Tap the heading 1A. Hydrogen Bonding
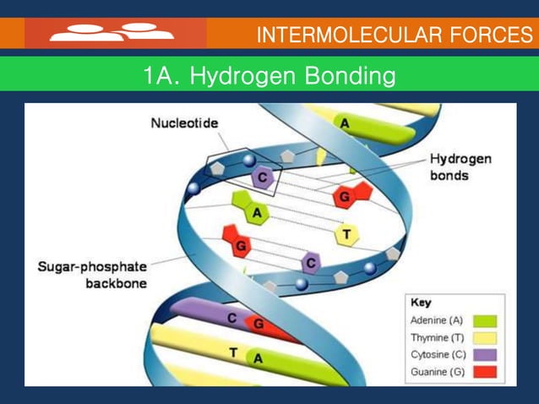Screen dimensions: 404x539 [269, 77]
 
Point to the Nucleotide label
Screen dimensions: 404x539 [184, 123]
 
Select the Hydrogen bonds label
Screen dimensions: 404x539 [460, 167]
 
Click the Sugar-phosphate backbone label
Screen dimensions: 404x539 [92, 275]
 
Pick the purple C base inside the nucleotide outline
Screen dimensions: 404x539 [262, 177]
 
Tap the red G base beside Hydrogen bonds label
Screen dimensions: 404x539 [346, 195]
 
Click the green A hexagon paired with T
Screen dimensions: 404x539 [255, 212]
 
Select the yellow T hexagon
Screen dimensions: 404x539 [346, 233]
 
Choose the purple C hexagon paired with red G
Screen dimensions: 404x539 [311, 264]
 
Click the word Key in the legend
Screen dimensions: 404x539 [420, 302]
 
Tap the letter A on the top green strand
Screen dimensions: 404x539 [345, 123]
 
